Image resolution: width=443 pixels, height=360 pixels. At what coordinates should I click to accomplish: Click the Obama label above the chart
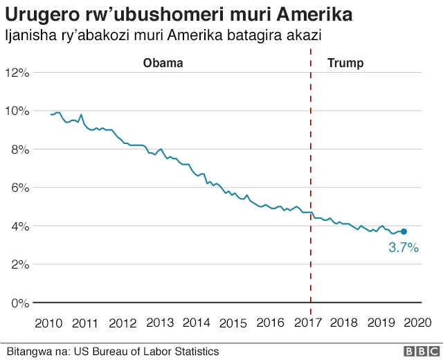click(x=163, y=63)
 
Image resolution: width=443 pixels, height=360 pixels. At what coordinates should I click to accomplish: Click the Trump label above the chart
click(x=345, y=63)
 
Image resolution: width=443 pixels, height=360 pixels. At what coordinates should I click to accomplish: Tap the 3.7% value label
click(x=404, y=247)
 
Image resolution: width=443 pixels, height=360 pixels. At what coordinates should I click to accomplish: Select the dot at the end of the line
click(x=404, y=231)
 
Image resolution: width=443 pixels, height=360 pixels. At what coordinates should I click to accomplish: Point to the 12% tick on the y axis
click(x=15, y=73)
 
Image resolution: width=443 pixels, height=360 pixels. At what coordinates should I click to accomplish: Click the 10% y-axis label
click(x=15, y=111)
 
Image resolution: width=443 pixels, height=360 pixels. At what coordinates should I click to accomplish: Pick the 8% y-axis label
click(x=18, y=150)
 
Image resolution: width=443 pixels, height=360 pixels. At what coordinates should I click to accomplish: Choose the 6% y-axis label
click(x=18, y=188)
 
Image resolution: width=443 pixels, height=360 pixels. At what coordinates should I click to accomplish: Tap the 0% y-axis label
click(x=18, y=303)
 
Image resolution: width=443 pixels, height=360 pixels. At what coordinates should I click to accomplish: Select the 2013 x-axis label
click(x=160, y=323)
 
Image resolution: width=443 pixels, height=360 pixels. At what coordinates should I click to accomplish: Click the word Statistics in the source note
click(x=195, y=352)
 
